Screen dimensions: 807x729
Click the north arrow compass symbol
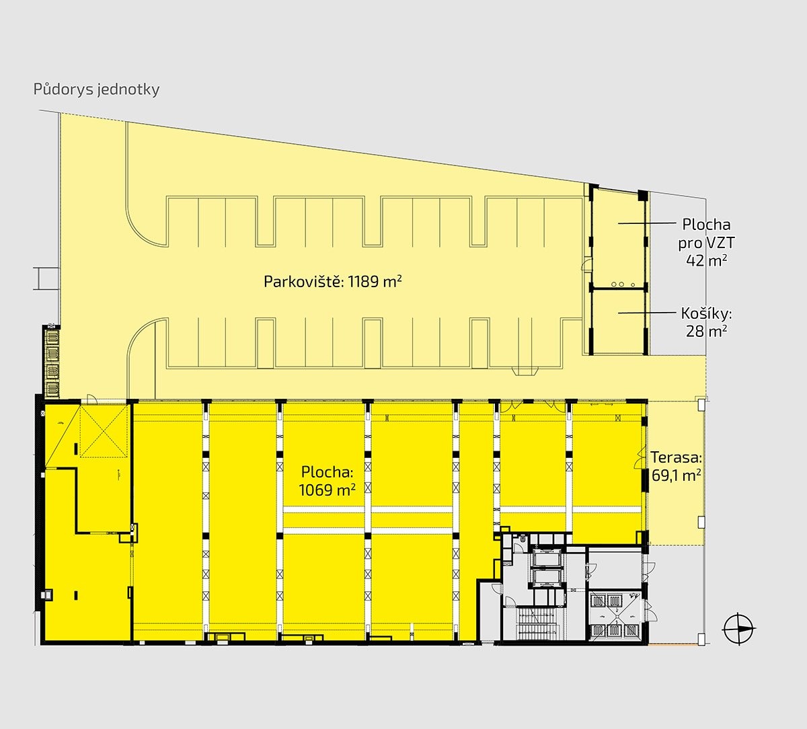[739, 629]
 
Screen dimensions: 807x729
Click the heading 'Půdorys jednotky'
[96, 89]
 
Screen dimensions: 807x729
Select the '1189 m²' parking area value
[375, 281]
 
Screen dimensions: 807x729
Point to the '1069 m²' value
[327, 490]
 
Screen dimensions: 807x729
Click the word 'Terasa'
[677, 457]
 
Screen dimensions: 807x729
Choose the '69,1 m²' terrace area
[677, 475]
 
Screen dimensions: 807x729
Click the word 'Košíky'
[706, 313]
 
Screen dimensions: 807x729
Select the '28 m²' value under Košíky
[706, 331]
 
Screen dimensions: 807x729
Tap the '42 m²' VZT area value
[706, 260]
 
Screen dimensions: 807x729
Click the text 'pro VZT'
[706, 243]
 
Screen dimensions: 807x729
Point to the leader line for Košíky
[647, 312]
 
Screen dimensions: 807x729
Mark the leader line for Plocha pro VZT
[647, 223]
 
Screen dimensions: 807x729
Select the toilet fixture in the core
[522, 539]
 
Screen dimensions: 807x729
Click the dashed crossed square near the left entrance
[104, 431]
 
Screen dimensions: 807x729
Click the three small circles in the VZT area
[623, 284]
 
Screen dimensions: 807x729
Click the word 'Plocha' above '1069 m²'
[327, 472]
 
